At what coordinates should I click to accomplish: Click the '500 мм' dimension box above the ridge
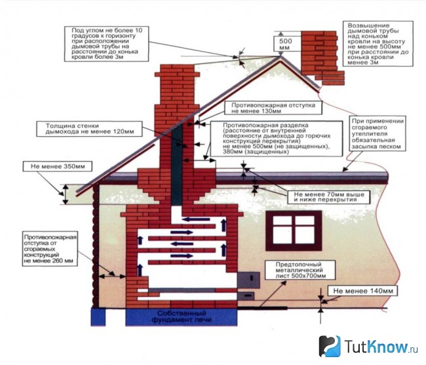[x=285, y=44]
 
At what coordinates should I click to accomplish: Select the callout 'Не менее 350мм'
[x=58, y=166]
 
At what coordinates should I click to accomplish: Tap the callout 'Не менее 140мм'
[x=363, y=291]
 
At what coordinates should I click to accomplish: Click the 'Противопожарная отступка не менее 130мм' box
[x=273, y=108]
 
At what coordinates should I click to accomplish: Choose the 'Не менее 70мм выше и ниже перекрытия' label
[x=329, y=197]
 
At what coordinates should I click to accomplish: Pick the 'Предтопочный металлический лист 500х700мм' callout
[x=300, y=270]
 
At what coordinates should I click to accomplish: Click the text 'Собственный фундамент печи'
[x=181, y=317]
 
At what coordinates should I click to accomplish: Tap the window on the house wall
[x=294, y=230]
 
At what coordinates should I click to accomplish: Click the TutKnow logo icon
[x=330, y=346]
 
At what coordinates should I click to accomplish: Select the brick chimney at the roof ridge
[x=322, y=58]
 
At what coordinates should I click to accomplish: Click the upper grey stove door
[x=248, y=280]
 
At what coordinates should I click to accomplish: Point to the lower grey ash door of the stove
[x=246, y=296]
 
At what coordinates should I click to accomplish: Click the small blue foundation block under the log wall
[x=98, y=317]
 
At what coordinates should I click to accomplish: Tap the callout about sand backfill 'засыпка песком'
[x=376, y=134]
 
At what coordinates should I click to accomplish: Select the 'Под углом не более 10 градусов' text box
[x=106, y=43]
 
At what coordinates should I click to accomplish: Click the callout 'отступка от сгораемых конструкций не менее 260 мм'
[x=50, y=249]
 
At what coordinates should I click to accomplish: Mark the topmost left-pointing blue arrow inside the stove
[x=196, y=219]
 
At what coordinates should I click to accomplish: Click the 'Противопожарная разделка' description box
[x=277, y=139]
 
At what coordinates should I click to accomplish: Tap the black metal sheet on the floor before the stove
[x=262, y=308]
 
